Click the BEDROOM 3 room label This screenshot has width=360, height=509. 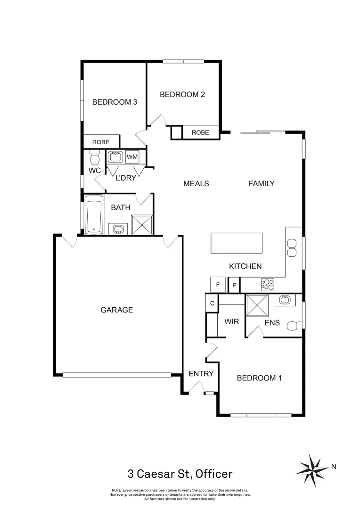115,102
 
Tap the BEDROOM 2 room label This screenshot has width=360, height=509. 182,94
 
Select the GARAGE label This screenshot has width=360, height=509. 117,310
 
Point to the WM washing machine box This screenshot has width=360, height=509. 132,156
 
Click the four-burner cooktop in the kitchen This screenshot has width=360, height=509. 268,284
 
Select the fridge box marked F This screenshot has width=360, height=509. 218,285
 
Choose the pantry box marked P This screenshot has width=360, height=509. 234,285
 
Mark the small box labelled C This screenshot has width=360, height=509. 212,304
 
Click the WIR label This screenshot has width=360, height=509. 232,322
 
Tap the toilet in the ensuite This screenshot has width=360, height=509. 294,324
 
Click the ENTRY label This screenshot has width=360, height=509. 201,374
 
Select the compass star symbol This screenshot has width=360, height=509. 312,467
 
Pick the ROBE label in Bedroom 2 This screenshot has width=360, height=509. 200,133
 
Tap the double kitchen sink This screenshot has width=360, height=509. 292,248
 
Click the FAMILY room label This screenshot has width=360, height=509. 262,183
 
